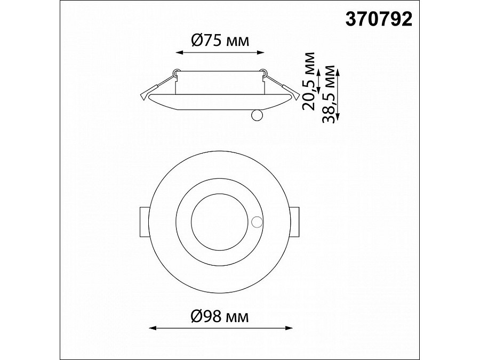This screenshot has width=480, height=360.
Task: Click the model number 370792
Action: [x=379, y=20]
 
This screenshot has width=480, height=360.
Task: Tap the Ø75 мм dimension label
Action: [x=220, y=41]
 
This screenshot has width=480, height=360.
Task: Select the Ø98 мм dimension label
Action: [x=220, y=316]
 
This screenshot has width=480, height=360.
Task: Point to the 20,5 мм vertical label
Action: [x=308, y=81]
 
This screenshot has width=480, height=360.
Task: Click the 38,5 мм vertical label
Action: [x=329, y=94]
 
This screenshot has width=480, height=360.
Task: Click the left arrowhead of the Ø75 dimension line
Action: [x=179, y=53]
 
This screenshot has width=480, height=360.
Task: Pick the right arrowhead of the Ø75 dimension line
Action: [x=260, y=53]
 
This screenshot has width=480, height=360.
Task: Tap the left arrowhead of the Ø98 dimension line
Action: [x=153, y=328]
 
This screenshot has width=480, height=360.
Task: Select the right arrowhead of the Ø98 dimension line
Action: [x=289, y=328]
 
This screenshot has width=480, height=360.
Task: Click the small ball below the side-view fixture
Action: [x=257, y=115]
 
